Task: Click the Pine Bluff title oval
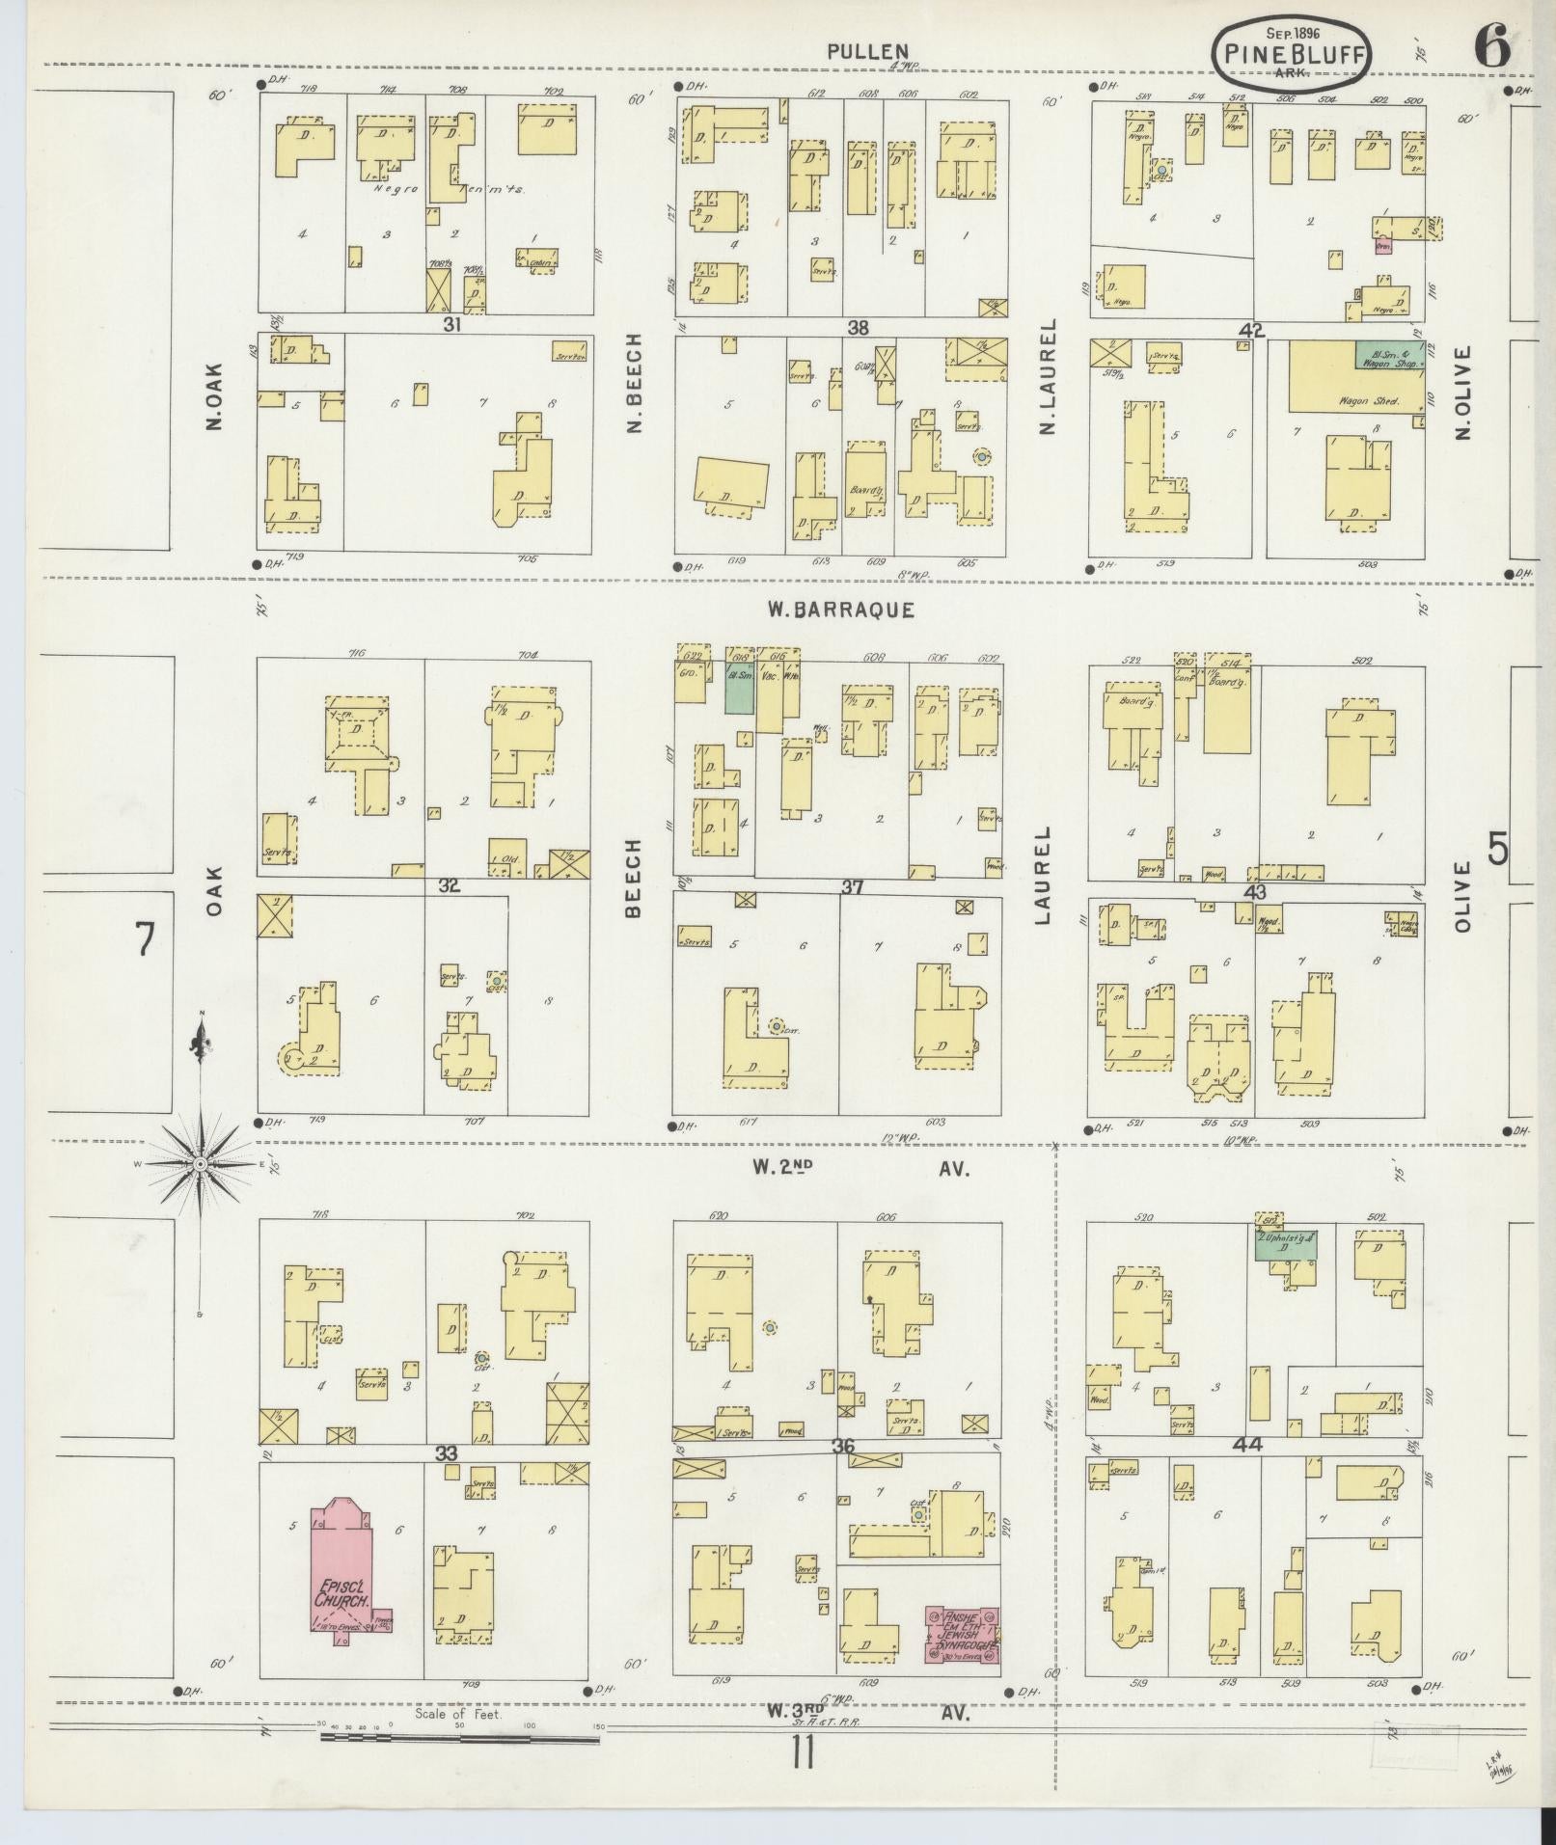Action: click(x=1293, y=54)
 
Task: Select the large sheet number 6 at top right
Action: click(x=1491, y=46)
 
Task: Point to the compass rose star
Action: click(x=200, y=1165)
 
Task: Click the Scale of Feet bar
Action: click(x=460, y=1064)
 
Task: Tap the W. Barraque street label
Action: click(x=840, y=610)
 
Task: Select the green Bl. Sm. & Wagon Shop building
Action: click(x=1389, y=354)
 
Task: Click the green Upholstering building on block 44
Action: click(x=1285, y=1244)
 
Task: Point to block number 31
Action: click(x=451, y=325)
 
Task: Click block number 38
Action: click(x=858, y=328)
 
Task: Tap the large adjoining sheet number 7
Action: click(x=145, y=938)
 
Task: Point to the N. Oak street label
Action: click(x=214, y=395)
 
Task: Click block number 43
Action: click(x=1254, y=892)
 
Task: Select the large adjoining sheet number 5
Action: click(x=1497, y=849)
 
